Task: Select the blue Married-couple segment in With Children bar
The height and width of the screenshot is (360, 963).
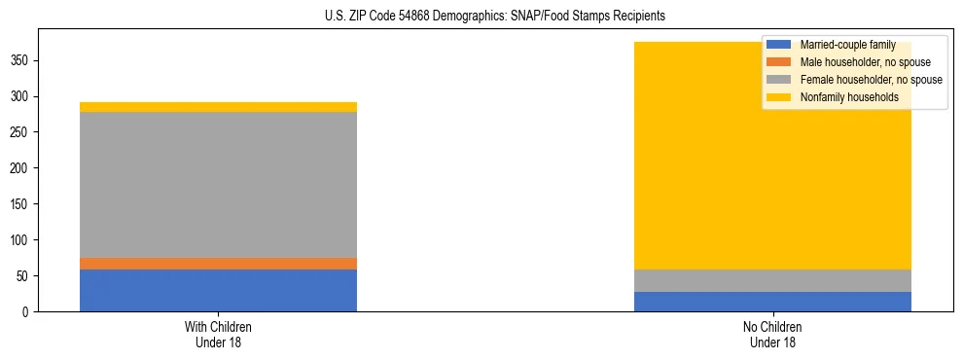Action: click(x=218, y=290)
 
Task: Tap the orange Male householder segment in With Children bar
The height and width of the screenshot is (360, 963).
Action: click(x=218, y=264)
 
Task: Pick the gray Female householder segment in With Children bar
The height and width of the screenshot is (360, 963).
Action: click(x=218, y=185)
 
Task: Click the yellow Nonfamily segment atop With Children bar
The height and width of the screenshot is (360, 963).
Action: click(x=218, y=107)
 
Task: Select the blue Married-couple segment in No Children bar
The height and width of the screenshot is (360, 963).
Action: click(x=772, y=302)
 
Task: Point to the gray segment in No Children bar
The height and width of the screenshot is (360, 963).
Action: click(x=772, y=280)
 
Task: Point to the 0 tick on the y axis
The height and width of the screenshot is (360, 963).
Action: click(x=29, y=312)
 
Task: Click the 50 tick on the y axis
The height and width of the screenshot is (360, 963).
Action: click(x=26, y=276)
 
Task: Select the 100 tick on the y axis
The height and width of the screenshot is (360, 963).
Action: click(x=23, y=240)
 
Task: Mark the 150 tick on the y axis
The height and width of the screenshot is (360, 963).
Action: click(x=23, y=204)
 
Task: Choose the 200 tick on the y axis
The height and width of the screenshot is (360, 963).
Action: click(x=23, y=168)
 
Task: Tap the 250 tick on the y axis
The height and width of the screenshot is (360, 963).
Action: click(x=23, y=132)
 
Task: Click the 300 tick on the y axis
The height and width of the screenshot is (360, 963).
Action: click(x=23, y=96)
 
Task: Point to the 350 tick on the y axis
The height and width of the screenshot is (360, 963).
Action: click(x=23, y=60)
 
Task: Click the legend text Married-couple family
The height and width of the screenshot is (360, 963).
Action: click(x=846, y=45)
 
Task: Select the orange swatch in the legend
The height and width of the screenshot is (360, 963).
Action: click(x=779, y=62)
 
